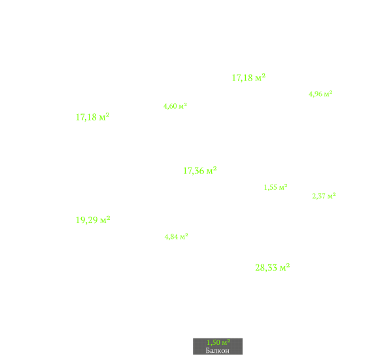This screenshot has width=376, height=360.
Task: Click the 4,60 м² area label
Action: coord(175,106)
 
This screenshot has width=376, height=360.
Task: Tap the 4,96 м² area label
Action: coord(320,94)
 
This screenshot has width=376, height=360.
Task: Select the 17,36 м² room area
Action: coord(200,171)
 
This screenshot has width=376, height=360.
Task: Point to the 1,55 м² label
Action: coord(275,187)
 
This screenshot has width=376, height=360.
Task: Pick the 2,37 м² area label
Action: coord(324,196)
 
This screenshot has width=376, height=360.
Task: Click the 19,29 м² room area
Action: coord(93,220)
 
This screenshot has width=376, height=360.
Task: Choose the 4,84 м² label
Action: coord(177,237)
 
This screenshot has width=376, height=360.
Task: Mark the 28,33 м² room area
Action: coord(273,267)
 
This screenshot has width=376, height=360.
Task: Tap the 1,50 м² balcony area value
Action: coord(218,342)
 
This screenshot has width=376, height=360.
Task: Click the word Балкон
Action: coord(218,351)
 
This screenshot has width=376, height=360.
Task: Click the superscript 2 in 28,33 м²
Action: coord(288,265)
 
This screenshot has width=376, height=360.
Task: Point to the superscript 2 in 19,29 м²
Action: coord(108,217)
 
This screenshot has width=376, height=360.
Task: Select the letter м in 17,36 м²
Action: coord(210,171)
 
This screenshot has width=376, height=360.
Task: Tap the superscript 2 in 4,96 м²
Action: coord(331,92)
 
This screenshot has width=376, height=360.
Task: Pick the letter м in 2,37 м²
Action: coord(330,197)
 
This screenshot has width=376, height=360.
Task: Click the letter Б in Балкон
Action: coord(208,351)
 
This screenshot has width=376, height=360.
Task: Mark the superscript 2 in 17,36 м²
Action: coord(215,168)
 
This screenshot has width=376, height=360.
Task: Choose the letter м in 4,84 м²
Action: coord(182,238)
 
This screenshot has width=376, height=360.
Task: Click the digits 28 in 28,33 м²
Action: coord(260,268)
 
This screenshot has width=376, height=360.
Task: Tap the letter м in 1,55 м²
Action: coord(282,188)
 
